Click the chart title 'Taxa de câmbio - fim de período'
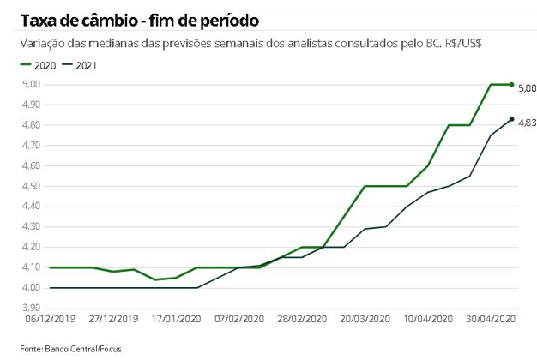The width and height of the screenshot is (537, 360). [x=141, y=17]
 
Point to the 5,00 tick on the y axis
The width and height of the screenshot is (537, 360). [x=30, y=84]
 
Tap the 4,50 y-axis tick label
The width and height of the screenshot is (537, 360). [x=30, y=186]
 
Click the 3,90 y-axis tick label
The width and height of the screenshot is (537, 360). [x=30, y=308]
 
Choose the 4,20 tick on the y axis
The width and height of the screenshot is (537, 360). [x=30, y=247]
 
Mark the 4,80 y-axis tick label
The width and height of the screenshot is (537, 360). [x=30, y=125]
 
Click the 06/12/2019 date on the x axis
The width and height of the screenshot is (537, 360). [x=50, y=319]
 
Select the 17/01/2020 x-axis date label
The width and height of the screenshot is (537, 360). [x=177, y=319]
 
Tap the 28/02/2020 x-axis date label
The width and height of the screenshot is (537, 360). [x=303, y=319]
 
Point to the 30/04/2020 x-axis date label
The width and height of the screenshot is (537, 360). [x=492, y=319]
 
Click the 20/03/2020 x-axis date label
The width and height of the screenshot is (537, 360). [x=365, y=319]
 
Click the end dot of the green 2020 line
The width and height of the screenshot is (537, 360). [x=512, y=84]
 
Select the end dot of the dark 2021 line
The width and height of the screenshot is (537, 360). [x=512, y=119]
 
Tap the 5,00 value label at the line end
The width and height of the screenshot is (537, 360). [x=527, y=88]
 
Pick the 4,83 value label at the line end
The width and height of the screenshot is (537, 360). [x=527, y=123]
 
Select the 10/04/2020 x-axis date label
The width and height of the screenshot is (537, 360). [x=428, y=319]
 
